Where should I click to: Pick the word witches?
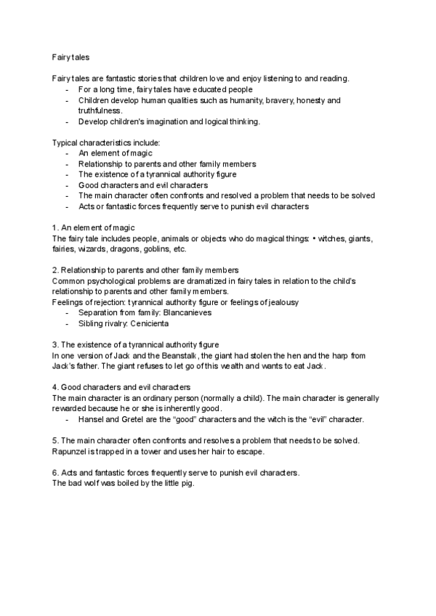pos(331,238)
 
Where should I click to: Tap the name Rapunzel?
pos(71,451)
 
